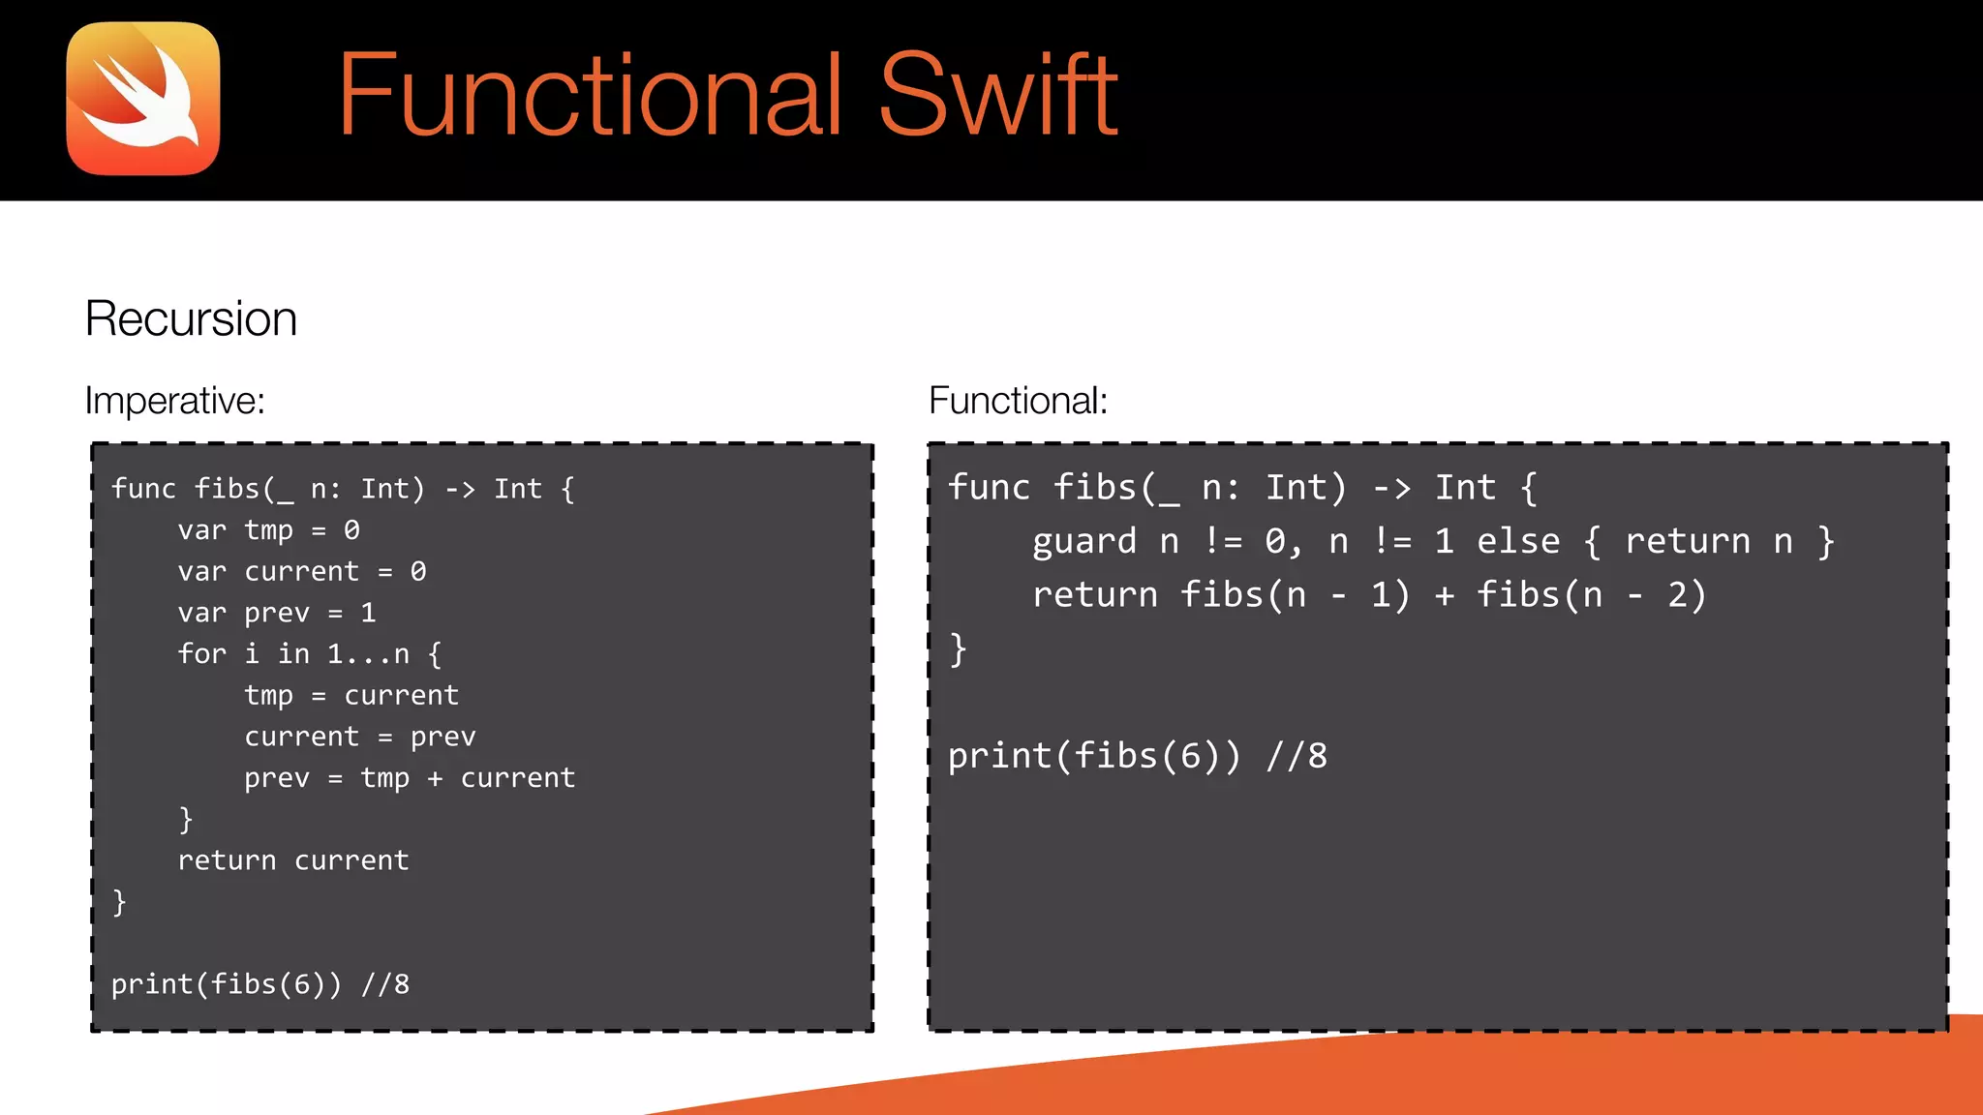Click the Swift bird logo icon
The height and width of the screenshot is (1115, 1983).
pos(143,99)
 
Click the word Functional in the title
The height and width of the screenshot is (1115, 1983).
pos(590,95)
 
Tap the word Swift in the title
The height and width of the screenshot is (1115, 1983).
pos(998,95)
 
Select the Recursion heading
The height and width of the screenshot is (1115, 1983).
pos(191,318)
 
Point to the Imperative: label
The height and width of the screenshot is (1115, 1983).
pos(174,401)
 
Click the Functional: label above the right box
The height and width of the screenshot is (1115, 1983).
pos(1018,401)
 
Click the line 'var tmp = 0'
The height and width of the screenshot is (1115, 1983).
pos(268,530)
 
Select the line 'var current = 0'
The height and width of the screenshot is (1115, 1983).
pos(301,572)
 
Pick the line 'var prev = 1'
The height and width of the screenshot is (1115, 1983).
pos(276,613)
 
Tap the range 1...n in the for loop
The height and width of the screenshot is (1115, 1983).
pos(368,654)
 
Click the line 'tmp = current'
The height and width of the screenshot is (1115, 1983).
pos(351,696)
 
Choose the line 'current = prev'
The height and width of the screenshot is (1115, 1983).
pos(359,737)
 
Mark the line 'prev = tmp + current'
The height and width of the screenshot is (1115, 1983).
pos(410,778)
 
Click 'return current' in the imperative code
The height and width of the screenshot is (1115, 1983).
pos(293,860)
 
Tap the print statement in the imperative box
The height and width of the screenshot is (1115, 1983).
pos(259,984)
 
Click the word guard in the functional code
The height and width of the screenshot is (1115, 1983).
pos(1083,542)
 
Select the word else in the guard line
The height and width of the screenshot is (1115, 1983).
pos(1518,542)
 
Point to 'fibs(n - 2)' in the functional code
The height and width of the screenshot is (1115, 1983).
pos(1590,595)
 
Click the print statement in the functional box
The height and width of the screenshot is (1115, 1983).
pos(1137,756)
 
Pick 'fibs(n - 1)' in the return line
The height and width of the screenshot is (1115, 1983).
pos(1295,595)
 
